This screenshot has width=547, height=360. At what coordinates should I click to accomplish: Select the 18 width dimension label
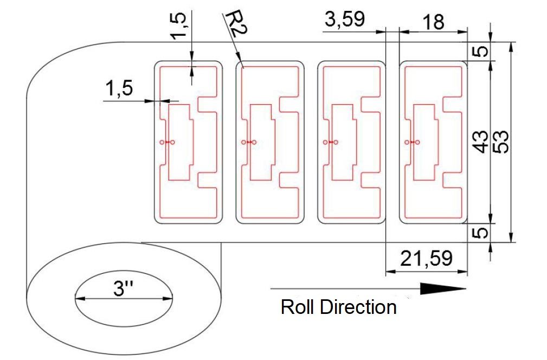click(x=433, y=22)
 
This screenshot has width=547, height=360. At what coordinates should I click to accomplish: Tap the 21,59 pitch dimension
click(x=426, y=259)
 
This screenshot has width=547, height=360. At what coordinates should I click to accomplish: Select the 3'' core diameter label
click(x=124, y=288)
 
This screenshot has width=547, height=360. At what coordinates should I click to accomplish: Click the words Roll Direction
click(x=338, y=307)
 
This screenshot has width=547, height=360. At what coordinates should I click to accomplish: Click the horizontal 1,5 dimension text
click(x=119, y=89)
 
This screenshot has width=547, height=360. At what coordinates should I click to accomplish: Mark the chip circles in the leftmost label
click(x=168, y=142)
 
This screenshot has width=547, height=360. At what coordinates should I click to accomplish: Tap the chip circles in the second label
click(x=248, y=142)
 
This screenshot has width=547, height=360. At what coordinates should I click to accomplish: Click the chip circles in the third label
click(x=330, y=142)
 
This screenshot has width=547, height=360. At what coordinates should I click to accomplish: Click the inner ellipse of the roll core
click(x=124, y=298)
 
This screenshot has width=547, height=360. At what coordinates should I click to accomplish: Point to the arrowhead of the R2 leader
click(x=242, y=65)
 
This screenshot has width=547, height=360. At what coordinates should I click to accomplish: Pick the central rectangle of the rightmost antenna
click(x=425, y=142)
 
